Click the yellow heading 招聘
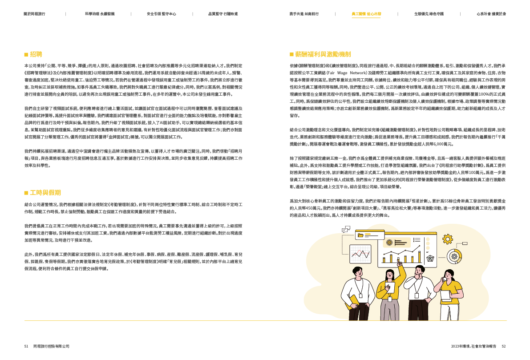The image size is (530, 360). tap(36, 54)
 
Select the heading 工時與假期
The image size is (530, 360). tap(45, 192)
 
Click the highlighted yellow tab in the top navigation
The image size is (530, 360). tap(366, 14)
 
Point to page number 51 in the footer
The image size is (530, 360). tap(26, 346)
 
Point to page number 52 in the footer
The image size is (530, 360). tap(504, 346)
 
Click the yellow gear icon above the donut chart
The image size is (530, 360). tap(448, 239)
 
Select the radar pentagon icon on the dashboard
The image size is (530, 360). tap(430, 258)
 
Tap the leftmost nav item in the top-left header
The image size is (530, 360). tap(34, 14)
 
